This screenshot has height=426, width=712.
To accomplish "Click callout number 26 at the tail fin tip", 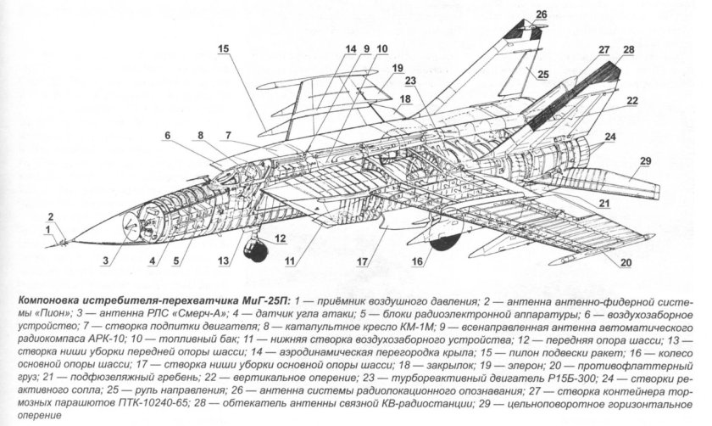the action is pos(542,15).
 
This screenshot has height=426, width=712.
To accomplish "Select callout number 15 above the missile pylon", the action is pos(224,49).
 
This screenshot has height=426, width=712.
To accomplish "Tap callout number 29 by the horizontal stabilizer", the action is pos(645,161).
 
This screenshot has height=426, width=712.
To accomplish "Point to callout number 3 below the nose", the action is pos(105,261).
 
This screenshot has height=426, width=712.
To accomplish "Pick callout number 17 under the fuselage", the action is pos(361,262).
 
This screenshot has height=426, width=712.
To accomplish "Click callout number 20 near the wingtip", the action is pos(626,263).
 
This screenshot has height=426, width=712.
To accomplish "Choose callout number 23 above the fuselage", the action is pos(410,81).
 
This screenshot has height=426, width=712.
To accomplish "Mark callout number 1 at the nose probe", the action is pos(47,231).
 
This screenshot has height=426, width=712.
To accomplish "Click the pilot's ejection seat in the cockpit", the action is pos(247,175).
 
